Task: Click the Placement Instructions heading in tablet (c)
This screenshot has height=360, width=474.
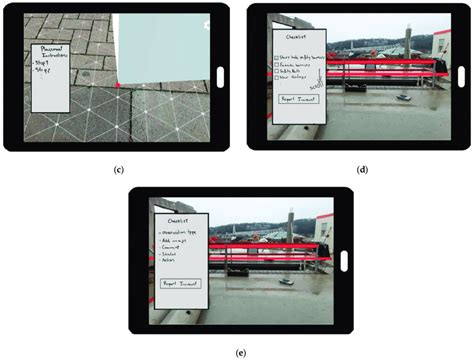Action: [x=52, y=51]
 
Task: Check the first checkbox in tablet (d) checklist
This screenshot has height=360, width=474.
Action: [x=277, y=57]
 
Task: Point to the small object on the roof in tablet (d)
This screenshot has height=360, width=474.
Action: [x=401, y=98]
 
